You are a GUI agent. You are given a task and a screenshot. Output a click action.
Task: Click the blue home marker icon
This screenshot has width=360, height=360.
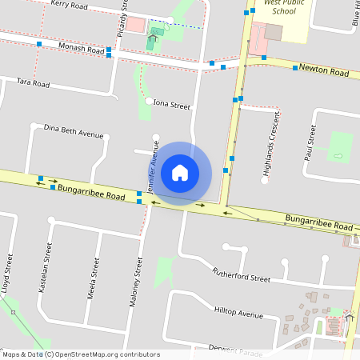[x=180, y=172]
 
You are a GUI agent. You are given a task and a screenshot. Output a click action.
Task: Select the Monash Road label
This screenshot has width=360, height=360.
[x=82, y=49]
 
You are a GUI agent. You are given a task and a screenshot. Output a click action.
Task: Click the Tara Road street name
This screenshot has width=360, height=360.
[x=33, y=83]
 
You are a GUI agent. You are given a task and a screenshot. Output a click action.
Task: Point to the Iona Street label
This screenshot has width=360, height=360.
[x=172, y=105]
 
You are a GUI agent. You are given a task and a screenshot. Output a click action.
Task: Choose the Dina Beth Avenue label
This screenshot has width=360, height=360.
[x=74, y=130]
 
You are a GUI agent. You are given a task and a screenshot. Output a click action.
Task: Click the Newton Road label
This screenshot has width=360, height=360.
[x=324, y=72]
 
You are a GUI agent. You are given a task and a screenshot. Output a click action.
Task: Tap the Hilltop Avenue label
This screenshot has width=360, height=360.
[x=238, y=313]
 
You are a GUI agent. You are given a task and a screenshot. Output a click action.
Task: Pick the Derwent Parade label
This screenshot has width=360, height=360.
[x=234, y=350]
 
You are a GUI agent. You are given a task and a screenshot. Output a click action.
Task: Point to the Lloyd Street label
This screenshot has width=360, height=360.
[x=7, y=275]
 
